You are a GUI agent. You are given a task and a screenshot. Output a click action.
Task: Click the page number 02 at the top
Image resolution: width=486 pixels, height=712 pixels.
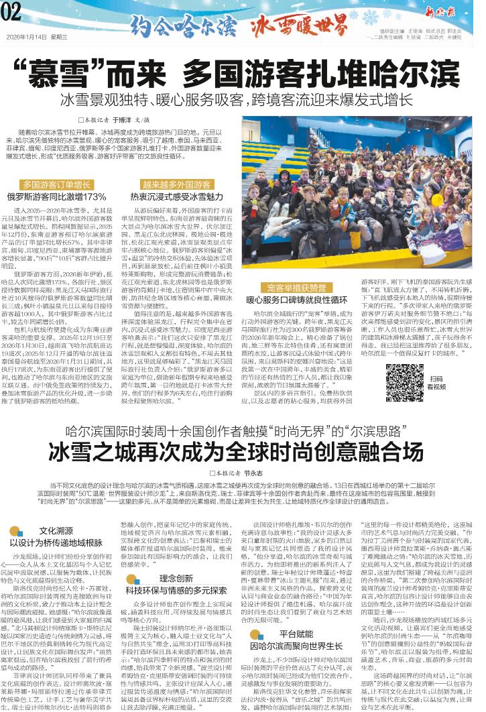[x=13, y=10]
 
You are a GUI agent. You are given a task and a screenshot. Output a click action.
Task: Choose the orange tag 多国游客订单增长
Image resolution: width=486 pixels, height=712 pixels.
[x=56, y=184]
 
